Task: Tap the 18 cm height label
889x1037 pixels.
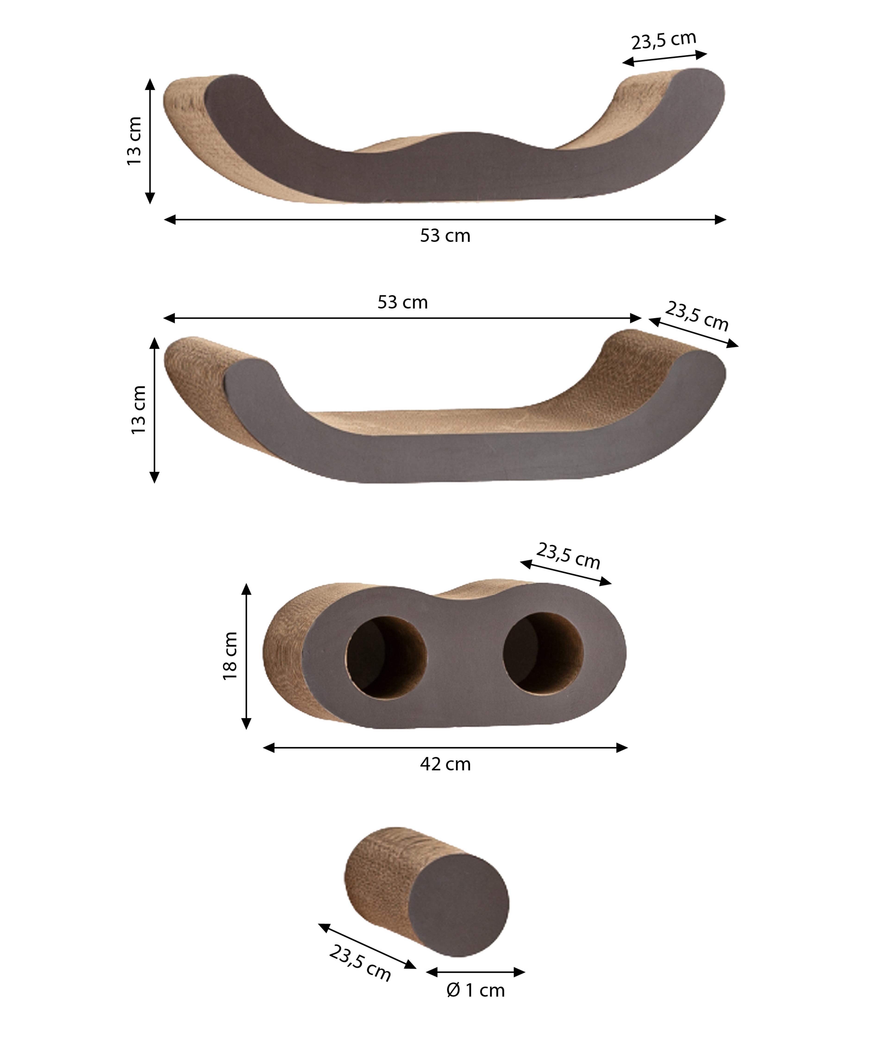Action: (230, 656)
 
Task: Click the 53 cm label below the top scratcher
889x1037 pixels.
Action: (445, 236)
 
